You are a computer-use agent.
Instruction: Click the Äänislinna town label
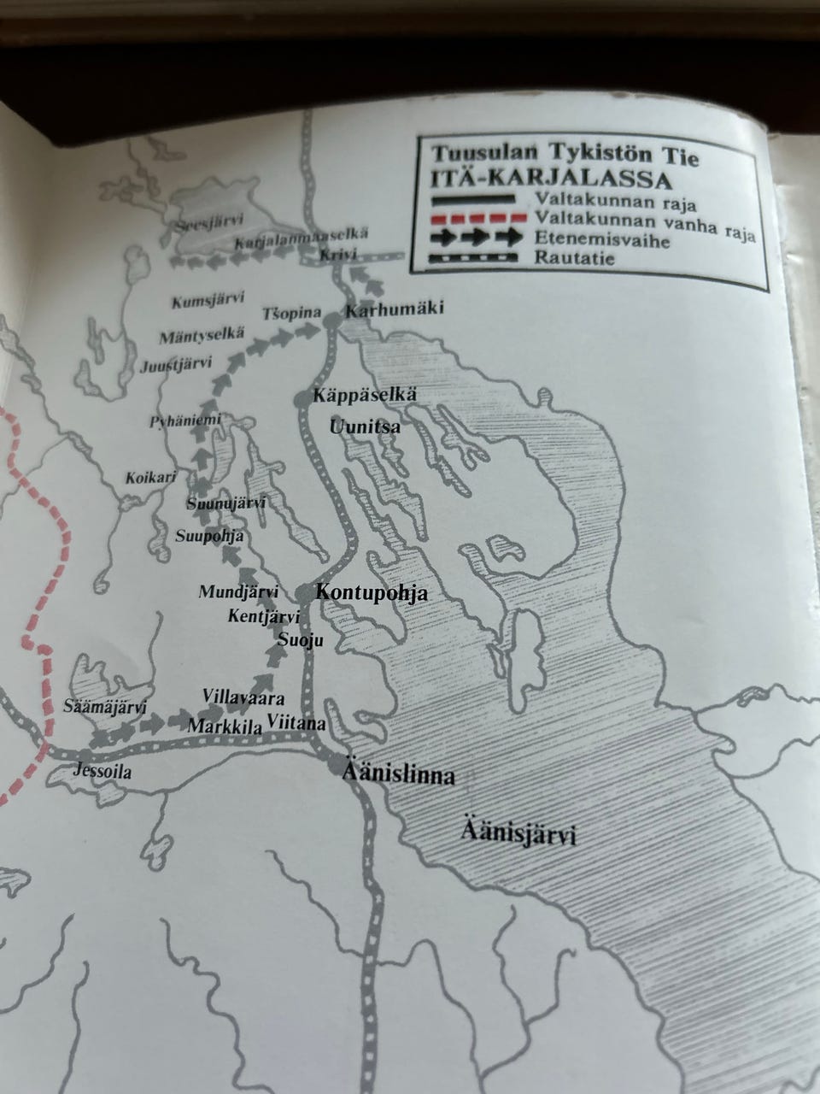point(397,775)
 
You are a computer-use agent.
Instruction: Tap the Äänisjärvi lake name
point(519,831)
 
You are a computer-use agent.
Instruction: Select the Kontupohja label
point(372,593)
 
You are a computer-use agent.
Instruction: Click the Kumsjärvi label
point(208,301)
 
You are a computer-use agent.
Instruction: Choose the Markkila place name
point(224,726)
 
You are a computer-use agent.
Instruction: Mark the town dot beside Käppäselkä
point(300,399)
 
